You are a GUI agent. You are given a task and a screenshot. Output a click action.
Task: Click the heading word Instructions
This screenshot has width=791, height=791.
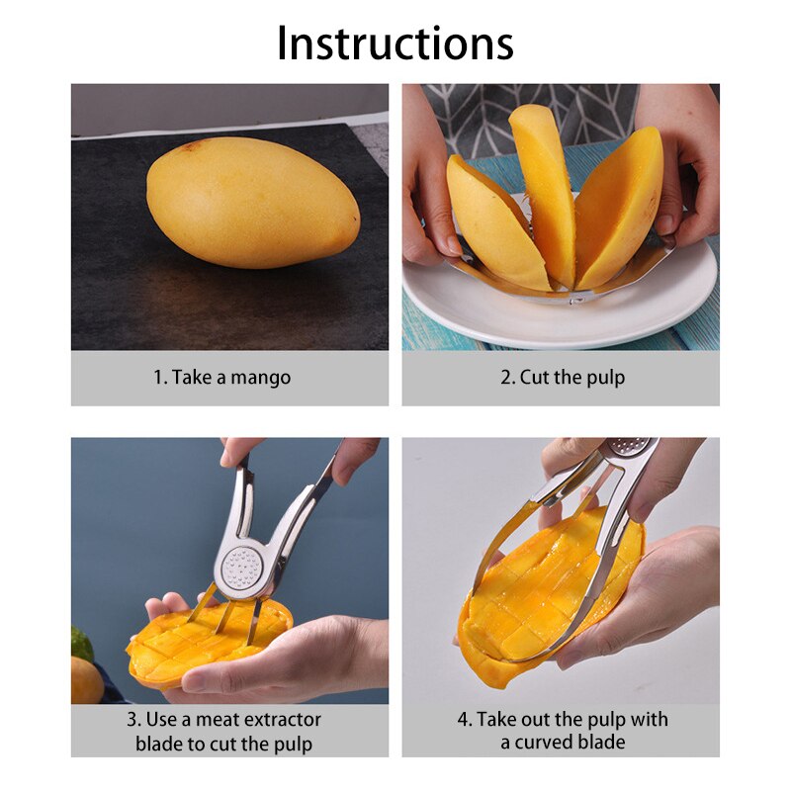point(395,44)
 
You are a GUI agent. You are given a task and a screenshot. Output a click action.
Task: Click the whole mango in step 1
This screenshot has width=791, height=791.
point(252,202)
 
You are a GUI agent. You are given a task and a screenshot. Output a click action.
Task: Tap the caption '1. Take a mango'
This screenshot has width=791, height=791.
point(222,378)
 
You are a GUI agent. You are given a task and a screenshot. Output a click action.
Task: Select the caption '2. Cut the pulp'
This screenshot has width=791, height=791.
point(562,378)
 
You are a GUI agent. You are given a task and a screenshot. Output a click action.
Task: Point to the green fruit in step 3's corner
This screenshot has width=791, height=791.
point(81,644)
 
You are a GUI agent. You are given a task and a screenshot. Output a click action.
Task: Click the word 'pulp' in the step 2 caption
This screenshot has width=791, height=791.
point(604,378)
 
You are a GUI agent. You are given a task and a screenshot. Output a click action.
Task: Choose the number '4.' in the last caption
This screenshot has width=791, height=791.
point(465,720)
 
